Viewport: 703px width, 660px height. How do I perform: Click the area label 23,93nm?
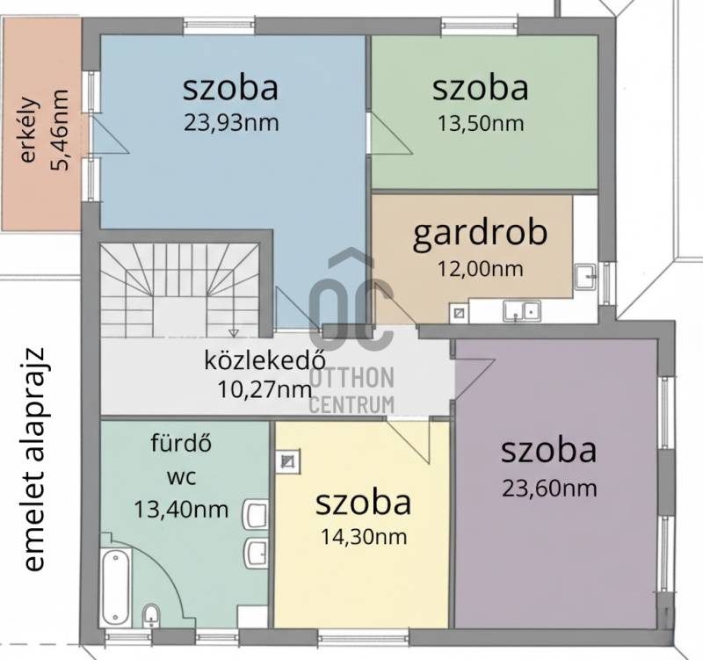[231, 122]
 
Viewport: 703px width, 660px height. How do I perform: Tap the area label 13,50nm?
[481, 123]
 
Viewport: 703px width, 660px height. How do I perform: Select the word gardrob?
[480, 233]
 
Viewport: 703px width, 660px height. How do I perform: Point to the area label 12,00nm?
[480, 269]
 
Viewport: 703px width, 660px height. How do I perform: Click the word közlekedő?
[265, 359]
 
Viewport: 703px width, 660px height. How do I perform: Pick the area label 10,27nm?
[265, 389]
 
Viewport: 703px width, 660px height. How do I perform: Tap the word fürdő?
[181, 443]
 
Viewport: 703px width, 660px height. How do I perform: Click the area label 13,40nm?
[181, 510]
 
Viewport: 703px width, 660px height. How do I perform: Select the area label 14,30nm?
[364, 537]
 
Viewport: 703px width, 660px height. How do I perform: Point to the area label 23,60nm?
[549, 488]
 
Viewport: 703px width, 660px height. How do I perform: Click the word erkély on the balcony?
[29, 130]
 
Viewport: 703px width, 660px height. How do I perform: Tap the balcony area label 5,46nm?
[60, 130]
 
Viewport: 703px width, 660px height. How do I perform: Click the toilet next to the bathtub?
[151, 617]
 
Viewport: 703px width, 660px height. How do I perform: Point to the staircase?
[179, 290]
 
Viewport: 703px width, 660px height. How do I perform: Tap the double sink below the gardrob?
[521, 310]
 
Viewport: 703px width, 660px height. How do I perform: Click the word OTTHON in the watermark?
[351, 378]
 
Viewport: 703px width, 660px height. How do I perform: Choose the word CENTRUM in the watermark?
[351, 404]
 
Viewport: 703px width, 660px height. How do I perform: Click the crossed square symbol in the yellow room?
[287, 461]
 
